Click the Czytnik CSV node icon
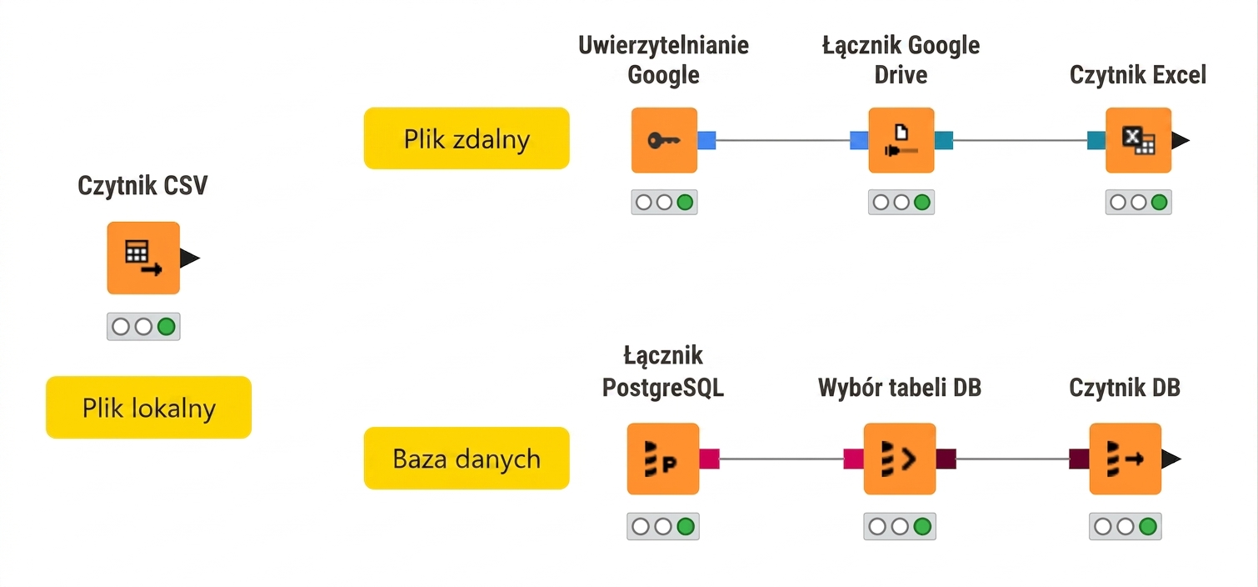pos(143,258)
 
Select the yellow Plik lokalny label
pos(149,407)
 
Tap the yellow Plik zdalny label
pos(467,138)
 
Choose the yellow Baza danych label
pos(467,458)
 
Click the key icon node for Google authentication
pos(664,140)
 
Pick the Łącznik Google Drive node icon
pos(901,140)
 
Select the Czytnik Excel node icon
pos(1138,140)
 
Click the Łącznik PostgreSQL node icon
pos(663,459)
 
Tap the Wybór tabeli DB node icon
pos(900,459)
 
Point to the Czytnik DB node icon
pos(1126,459)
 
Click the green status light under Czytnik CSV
pos(167,327)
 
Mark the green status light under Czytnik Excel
pos(1159,203)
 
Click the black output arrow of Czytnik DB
pos(1171,459)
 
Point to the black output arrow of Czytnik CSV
pos(189,258)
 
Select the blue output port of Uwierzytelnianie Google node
pos(706,140)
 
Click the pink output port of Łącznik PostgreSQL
pos(709,459)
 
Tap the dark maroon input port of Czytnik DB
pos(1080,459)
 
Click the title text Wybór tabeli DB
pos(900,388)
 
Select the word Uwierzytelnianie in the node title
pos(664,46)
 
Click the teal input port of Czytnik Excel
pos(1096,140)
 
